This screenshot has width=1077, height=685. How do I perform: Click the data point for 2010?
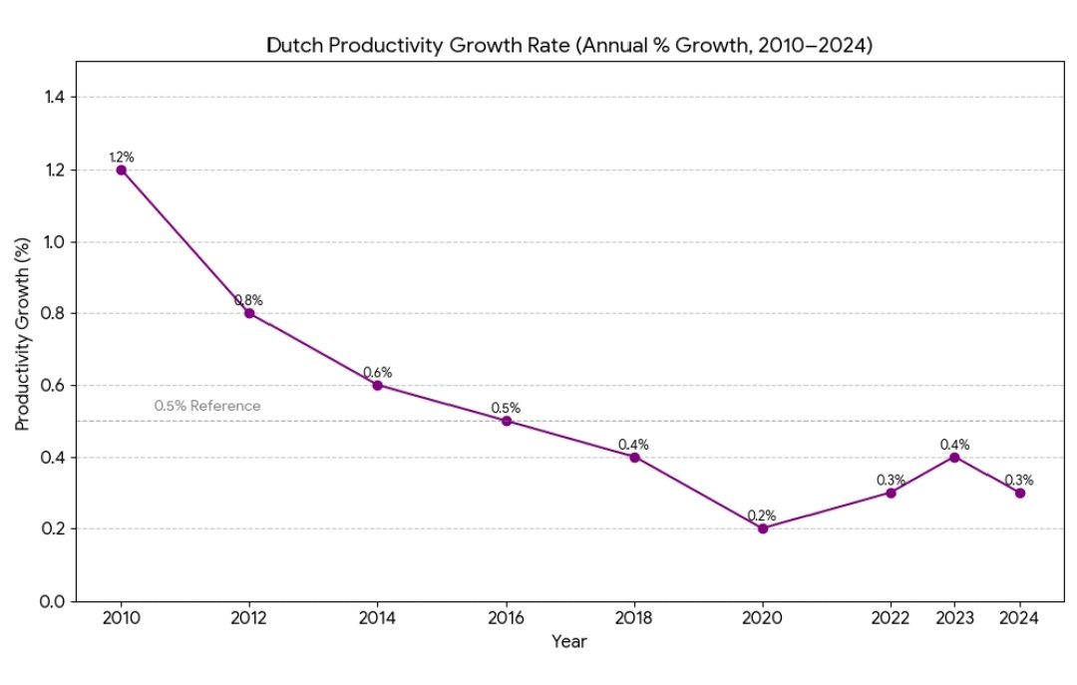[121, 170]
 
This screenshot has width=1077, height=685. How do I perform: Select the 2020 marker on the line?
[763, 528]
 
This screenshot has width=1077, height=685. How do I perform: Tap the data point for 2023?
[955, 457]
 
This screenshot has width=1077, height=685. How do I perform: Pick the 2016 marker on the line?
[506, 421]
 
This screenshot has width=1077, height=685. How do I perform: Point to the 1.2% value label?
[121, 157]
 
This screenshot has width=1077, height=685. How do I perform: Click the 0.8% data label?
[248, 300]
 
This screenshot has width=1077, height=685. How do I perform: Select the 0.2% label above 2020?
[763, 515]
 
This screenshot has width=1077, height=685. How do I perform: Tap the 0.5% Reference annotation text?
[207, 406]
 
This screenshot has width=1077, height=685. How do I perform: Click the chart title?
[569, 45]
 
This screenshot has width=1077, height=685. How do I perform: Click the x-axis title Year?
[569, 642]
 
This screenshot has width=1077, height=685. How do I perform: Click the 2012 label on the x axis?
[248, 618]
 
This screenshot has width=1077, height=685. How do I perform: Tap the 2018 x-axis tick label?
[634, 618]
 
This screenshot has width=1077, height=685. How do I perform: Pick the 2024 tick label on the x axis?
[1020, 618]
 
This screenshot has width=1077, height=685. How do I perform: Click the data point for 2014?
[377, 385]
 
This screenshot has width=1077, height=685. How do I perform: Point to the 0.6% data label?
[377, 372]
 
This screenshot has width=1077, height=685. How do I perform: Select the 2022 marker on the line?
[891, 493]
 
